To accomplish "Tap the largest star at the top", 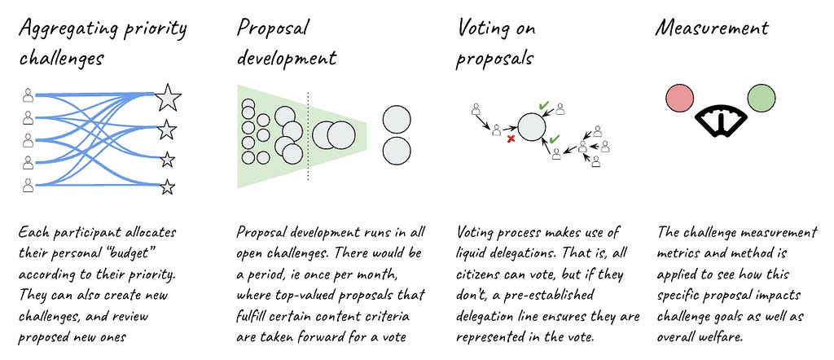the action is pyautogui.click(x=167, y=98).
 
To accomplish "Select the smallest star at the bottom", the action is pyautogui.click(x=167, y=187).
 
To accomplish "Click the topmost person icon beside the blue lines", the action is pyautogui.click(x=28, y=96).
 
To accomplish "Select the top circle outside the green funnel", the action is pyautogui.click(x=397, y=119).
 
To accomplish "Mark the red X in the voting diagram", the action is pyautogui.click(x=511, y=139).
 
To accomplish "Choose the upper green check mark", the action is pyautogui.click(x=543, y=106).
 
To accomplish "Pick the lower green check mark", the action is pyautogui.click(x=554, y=139).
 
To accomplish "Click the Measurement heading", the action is pyautogui.click(x=711, y=29).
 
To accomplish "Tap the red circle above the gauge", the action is pyautogui.click(x=678, y=99).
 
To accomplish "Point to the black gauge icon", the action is pyautogui.click(x=719, y=120).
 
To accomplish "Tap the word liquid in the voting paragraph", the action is pyautogui.click(x=476, y=252).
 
